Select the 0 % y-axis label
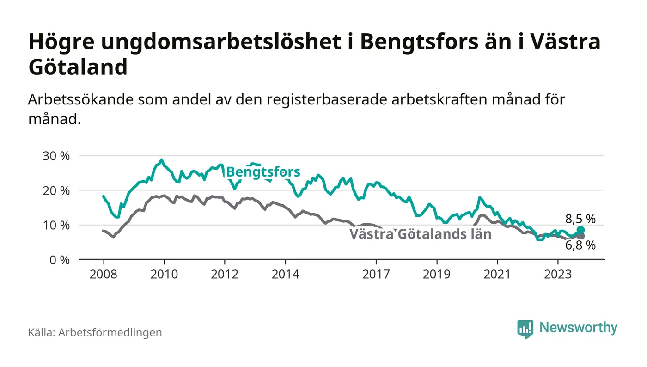coord(60,260)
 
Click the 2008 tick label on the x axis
coord(103,274)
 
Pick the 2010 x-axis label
coord(164,274)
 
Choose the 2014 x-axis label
coord(286,274)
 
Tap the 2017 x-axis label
coord(377,274)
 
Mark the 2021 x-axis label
coord(497,274)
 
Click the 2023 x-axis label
coord(558,274)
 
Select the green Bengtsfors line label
coord(263,172)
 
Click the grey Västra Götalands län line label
coord(420,234)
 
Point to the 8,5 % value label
coord(580,219)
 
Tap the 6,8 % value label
coord(580,245)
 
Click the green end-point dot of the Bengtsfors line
coord(580,230)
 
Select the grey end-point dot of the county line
coord(581,236)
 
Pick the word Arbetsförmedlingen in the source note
coord(110,332)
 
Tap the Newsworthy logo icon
coord(525,329)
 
